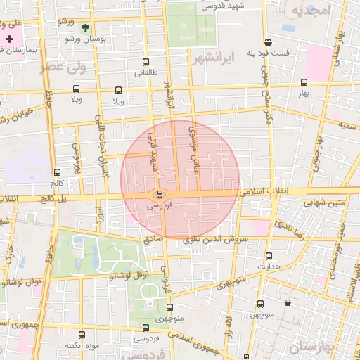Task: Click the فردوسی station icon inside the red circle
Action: pos(160,194)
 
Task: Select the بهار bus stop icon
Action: pos(304,82)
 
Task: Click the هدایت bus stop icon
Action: pos(269,256)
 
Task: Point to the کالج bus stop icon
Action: pos(57,172)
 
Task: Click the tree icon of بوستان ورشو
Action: pos(85,27)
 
